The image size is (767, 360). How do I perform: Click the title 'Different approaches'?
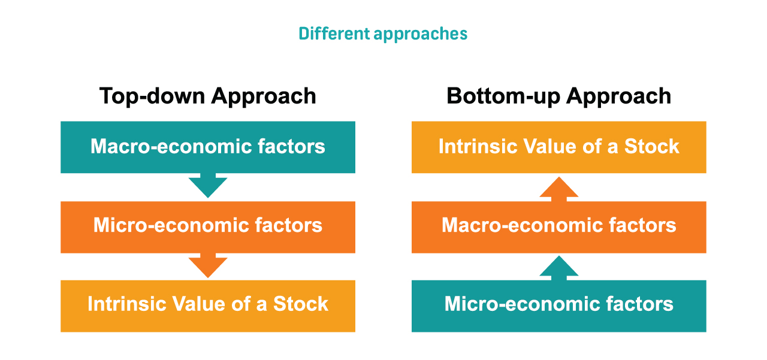[x=383, y=34]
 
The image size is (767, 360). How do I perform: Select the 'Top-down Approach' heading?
[x=208, y=96]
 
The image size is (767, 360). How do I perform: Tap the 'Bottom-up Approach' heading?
[x=559, y=96]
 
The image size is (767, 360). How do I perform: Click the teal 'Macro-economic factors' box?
[x=208, y=147]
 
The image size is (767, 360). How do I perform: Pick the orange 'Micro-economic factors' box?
[x=208, y=227]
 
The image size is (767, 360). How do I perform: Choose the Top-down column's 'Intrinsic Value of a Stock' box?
[x=208, y=306]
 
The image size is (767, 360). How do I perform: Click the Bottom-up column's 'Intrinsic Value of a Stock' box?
[x=559, y=147]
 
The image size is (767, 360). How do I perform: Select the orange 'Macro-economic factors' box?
[x=559, y=227]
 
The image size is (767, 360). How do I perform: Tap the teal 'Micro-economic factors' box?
[x=559, y=306]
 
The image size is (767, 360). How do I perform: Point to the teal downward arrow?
[x=208, y=186]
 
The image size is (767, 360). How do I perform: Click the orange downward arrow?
[x=208, y=265]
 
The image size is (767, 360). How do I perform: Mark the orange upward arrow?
[x=559, y=189]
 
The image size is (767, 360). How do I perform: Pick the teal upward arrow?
[x=559, y=268]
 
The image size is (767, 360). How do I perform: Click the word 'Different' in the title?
[x=334, y=34]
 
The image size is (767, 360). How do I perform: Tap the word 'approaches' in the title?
[x=421, y=35]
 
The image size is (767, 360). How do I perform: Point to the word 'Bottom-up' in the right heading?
[x=503, y=96]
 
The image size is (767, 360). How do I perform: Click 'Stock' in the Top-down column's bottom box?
[x=301, y=304]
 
